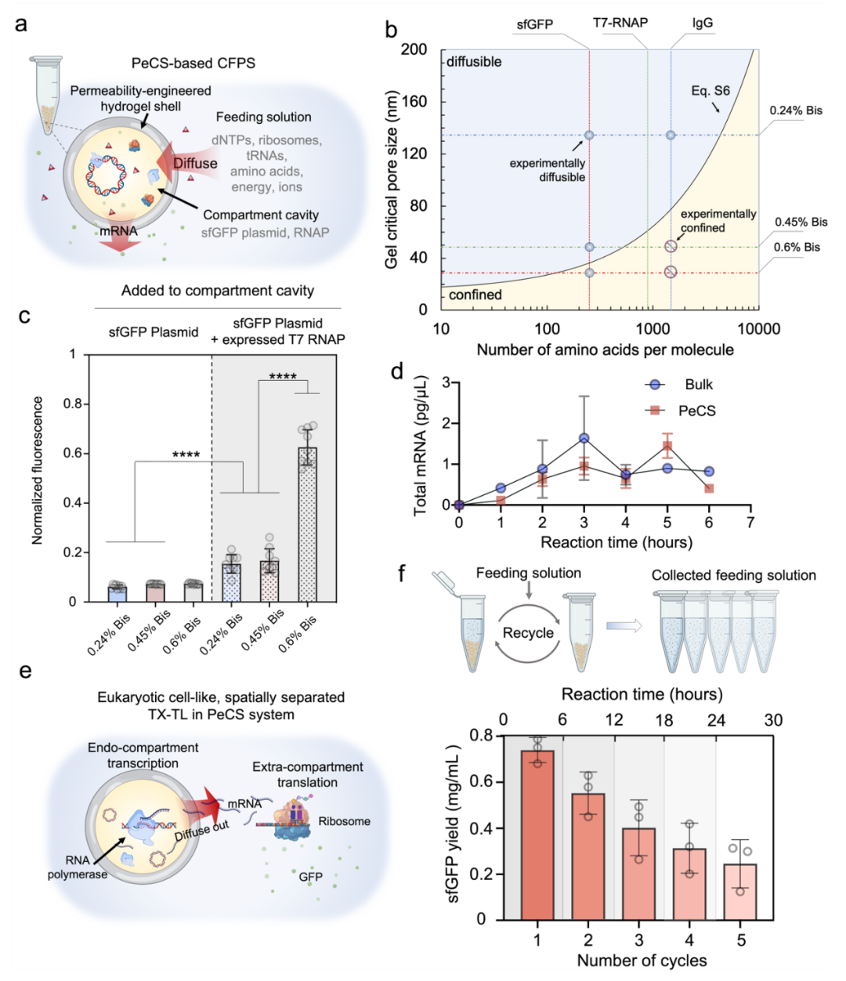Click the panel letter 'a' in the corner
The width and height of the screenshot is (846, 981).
click(x=21, y=24)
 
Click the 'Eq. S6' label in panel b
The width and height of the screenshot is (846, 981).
click(x=710, y=91)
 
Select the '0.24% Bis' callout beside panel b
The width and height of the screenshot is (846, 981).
click(x=796, y=110)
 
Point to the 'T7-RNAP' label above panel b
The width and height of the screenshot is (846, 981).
click(x=620, y=23)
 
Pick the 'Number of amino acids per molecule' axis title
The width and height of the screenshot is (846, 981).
click(x=605, y=350)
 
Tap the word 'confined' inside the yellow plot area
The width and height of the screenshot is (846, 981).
click(x=475, y=295)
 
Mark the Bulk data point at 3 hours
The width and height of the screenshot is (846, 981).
click(x=584, y=438)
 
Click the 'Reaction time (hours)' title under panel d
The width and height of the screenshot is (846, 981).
click(x=616, y=542)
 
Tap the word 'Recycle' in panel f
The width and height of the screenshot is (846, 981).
click(x=528, y=633)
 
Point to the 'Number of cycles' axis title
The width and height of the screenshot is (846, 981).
click(x=642, y=961)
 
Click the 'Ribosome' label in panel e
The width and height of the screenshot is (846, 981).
click(x=344, y=821)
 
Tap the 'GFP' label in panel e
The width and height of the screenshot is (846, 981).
click(x=310, y=877)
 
